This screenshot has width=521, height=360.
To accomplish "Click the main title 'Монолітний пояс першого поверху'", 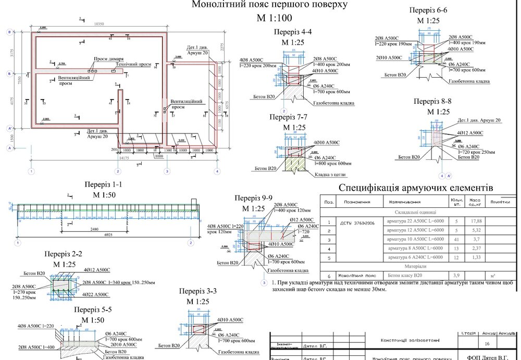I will tap(269, 6).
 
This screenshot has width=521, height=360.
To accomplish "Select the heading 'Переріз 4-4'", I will tap(292, 32).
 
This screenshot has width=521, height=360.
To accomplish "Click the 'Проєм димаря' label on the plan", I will tap(108, 59).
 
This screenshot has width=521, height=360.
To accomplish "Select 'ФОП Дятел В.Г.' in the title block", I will tap(488, 357).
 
